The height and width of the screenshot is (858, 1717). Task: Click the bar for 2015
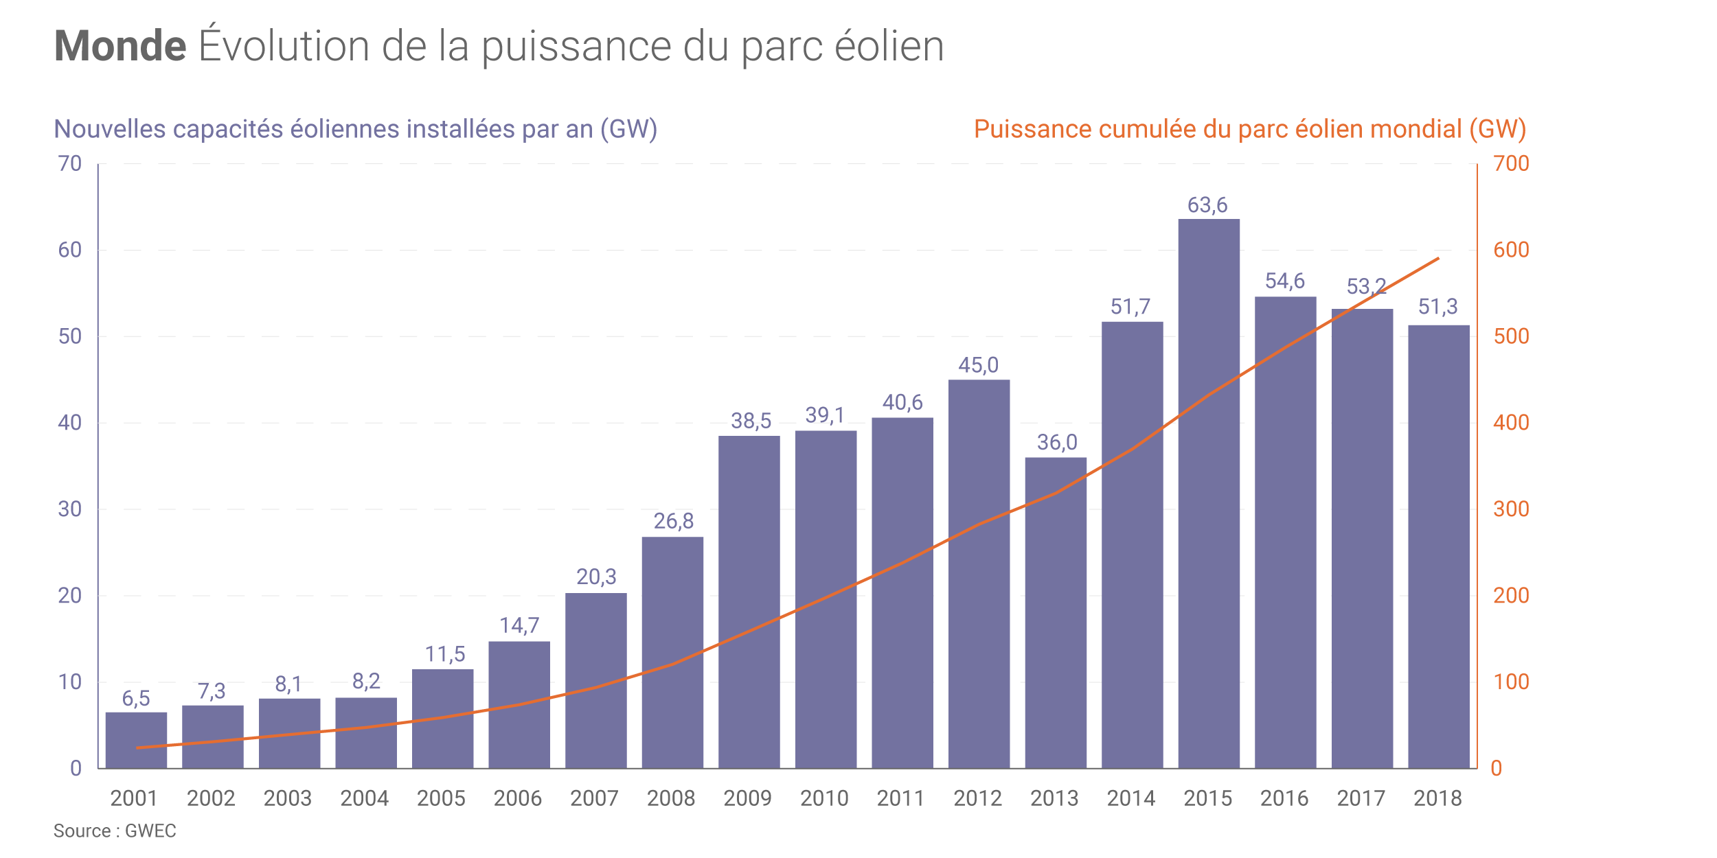point(1209,494)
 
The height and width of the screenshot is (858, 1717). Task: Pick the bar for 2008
point(672,652)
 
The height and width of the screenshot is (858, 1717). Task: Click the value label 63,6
point(1207,205)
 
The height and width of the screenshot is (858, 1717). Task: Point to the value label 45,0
point(978,365)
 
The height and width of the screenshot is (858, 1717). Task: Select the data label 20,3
point(596,577)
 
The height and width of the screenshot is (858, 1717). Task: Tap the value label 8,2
point(366,681)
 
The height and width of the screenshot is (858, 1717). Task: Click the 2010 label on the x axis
point(824,798)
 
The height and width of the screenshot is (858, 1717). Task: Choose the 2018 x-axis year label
point(1437,798)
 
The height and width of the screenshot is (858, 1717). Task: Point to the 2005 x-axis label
point(441,798)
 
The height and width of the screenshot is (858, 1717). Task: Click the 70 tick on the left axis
point(70,163)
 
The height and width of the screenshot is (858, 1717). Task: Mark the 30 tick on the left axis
point(70,509)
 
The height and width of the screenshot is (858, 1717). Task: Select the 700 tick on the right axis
point(1511,163)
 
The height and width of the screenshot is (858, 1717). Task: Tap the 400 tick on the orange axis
point(1511,423)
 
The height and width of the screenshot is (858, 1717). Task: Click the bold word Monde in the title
point(120,46)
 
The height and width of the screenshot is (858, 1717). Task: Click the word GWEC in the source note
point(150,831)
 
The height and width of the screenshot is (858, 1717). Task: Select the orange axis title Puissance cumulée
point(1249,129)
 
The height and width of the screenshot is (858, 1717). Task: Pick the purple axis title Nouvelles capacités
point(355,129)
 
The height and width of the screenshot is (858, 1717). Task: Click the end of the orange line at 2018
point(1438,259)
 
